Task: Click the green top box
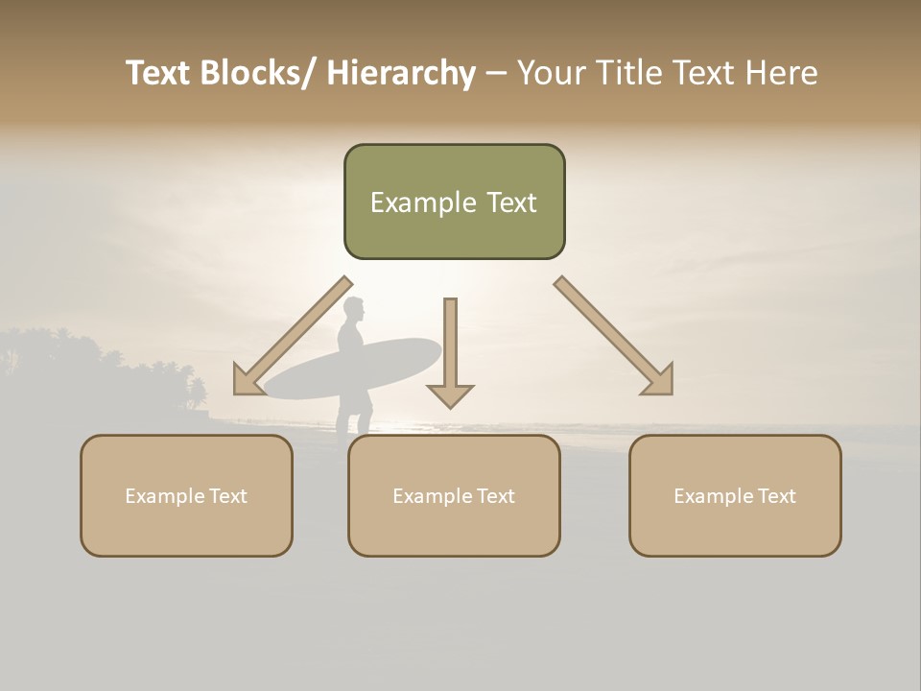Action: (454, 202)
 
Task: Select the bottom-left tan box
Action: (186, 495)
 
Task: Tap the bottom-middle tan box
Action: (454, 495)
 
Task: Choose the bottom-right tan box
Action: (735, 495)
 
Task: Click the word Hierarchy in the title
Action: (401, 73)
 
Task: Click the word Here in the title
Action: (780, 73)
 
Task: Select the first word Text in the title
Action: (158, 73)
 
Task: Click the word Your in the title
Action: (551, 73)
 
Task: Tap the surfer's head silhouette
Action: (354, 310)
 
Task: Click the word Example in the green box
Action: (411, 203)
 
